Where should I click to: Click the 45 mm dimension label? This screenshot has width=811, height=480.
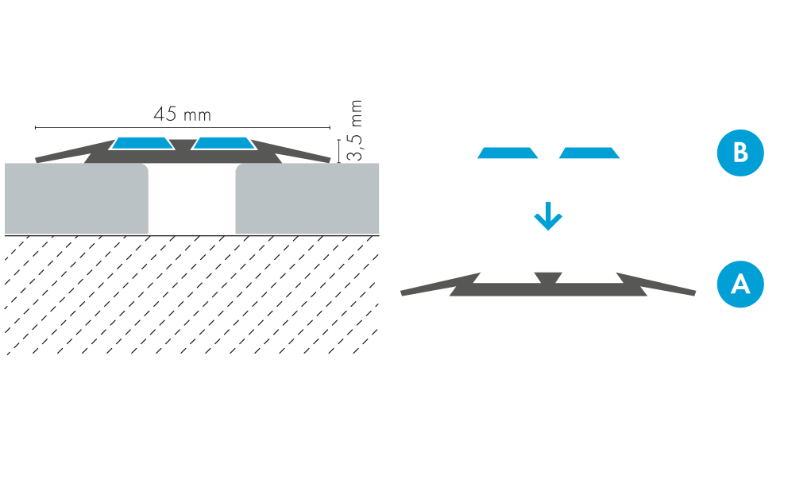[182, 114]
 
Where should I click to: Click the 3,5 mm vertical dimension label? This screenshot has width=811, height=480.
[355, 131]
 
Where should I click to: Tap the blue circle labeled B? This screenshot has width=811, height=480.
[740, 152]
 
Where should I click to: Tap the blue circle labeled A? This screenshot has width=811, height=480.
[740, 284]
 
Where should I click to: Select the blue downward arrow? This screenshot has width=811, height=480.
[547, 216]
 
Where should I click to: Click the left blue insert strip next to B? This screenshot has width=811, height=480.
[508, 153]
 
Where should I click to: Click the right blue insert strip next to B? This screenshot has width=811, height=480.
[589, 153]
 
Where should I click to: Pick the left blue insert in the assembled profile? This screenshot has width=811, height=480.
[143, 144]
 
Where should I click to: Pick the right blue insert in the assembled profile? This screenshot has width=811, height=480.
[223, 144]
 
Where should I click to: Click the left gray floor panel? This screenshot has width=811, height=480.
[76, 199]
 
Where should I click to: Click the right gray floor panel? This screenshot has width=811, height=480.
[307, 199]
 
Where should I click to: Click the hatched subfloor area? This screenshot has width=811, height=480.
[191, 294]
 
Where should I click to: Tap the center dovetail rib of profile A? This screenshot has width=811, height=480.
[548, 278]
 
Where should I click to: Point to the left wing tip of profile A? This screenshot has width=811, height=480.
[406, 293]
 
